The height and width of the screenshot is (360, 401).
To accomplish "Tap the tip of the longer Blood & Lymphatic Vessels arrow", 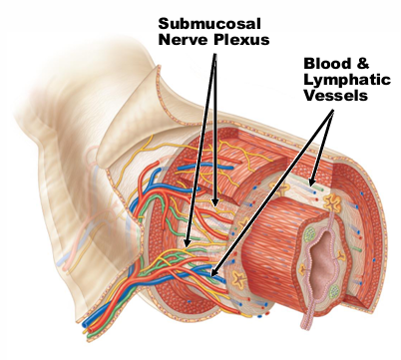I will coord(210,270).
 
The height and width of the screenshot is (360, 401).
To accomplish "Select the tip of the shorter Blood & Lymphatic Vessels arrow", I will coord(313,185).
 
